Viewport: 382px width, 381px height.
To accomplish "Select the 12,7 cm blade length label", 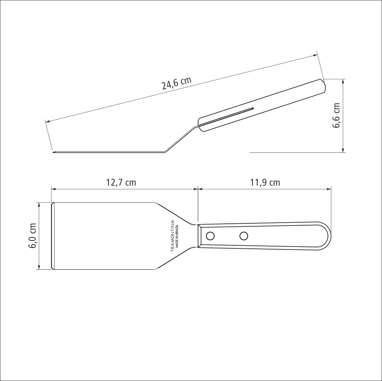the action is click(x=121, y=182).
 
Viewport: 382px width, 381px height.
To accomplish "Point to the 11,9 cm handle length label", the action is click(x=265, y=182).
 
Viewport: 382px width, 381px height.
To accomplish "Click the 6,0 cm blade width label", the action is click(x=32, y=236).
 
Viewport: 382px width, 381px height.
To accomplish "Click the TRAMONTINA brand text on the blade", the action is click(x=172, y=236).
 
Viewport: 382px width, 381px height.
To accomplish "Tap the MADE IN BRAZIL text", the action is click(x=177, y=236).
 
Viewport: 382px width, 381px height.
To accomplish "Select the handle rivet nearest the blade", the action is click(x=210, y=236).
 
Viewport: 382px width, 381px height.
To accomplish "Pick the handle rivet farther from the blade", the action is click(x=244, y=236).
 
